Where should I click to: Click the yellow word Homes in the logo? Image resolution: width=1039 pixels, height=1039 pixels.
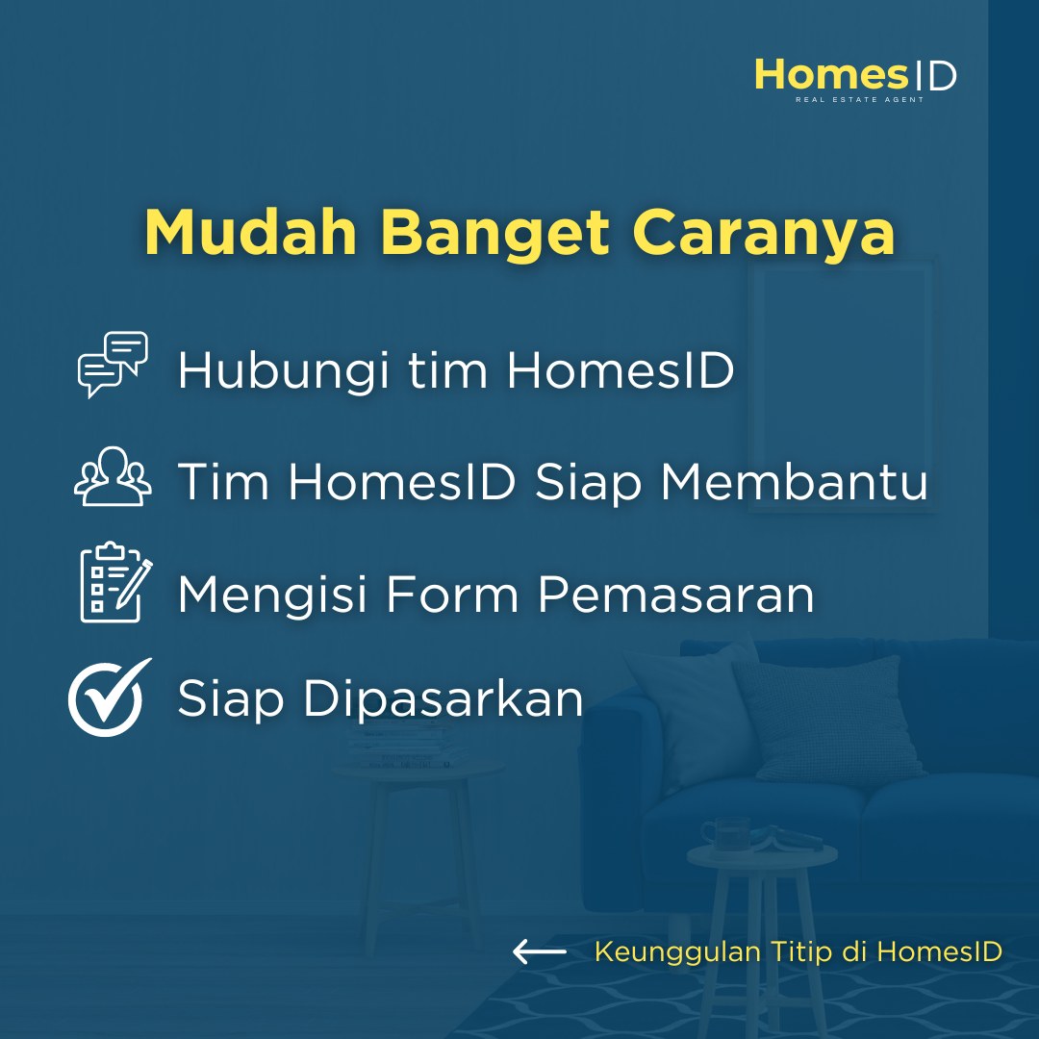click(x=831, y=74)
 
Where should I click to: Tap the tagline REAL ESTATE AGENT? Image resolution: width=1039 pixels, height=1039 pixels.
click(x=859, y=99)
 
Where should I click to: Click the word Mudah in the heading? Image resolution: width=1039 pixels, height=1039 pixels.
click(x=251, y=232)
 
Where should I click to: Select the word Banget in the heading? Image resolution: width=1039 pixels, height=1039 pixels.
click(x=495, y=233)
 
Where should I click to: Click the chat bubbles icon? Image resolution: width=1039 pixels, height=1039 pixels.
click(x=113, y=365)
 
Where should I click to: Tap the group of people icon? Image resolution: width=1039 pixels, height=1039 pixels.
click(x=113, y=476)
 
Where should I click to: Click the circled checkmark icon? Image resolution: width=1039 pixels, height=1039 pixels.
click(x=109, y=697)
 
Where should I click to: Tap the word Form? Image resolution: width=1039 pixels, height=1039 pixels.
click(x=452, y=594)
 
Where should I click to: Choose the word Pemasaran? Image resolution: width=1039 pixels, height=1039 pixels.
click(x=676, y=594)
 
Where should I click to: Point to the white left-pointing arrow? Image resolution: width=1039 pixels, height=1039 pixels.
click(x=540, y=951)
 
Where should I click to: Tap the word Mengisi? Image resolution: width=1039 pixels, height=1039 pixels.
click(x=272, y=596)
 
